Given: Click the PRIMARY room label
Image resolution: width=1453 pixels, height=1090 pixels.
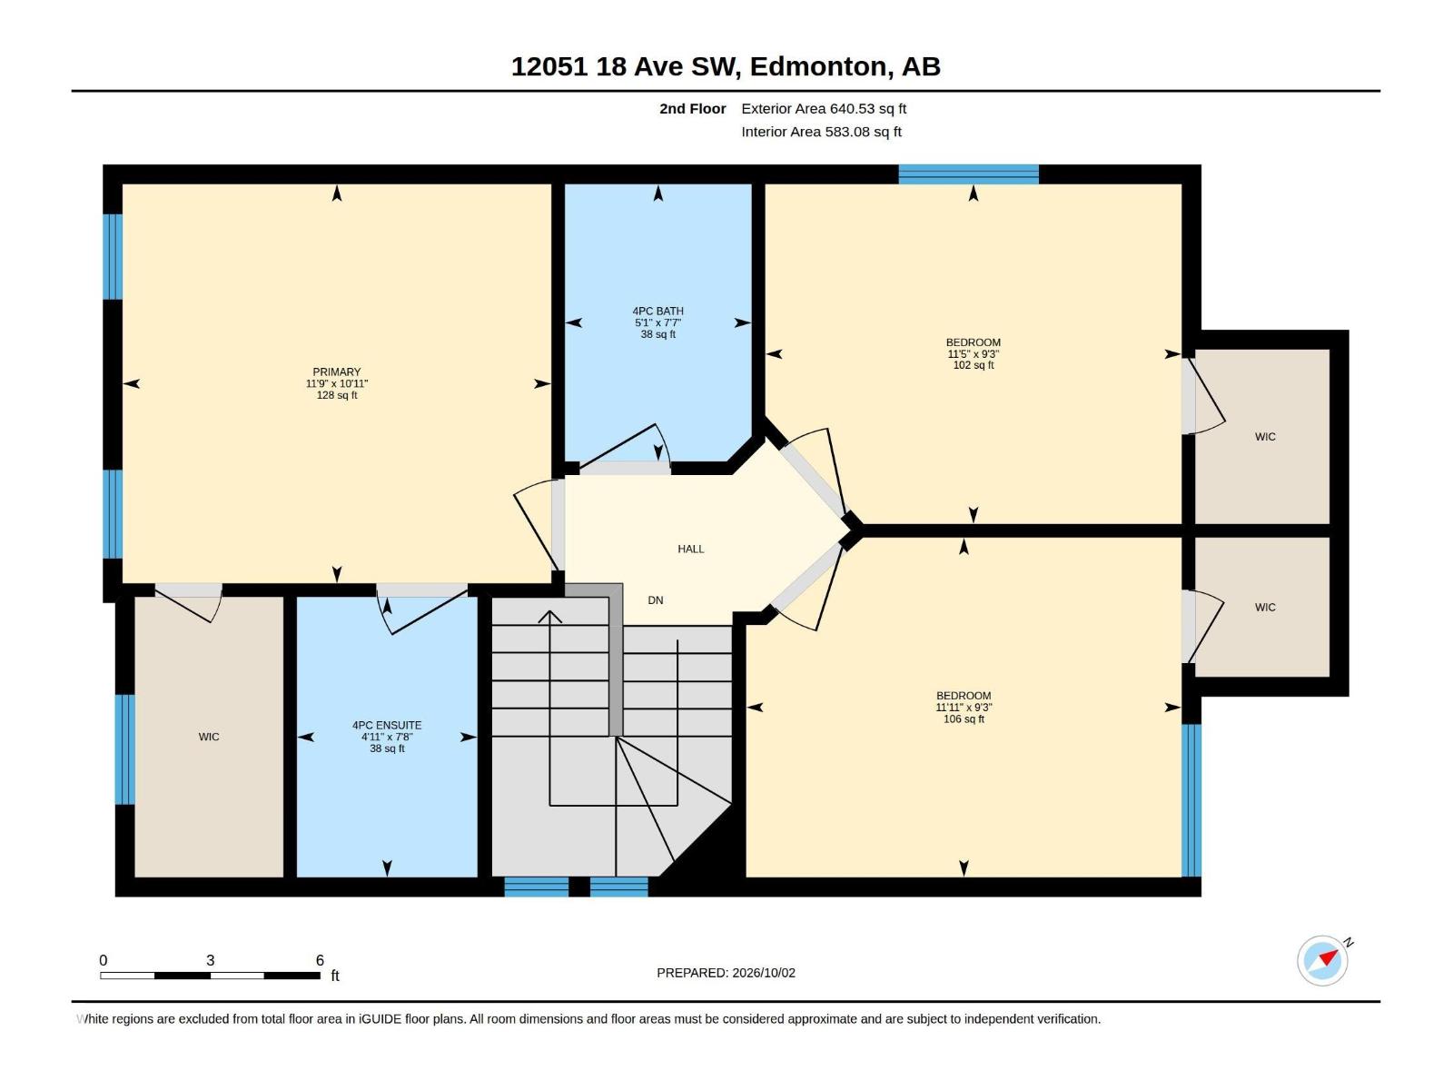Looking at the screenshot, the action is (336, 372).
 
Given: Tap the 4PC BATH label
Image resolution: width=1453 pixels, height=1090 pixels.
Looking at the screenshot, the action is (658, 311).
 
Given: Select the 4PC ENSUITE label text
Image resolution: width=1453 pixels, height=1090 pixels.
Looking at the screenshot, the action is (387, 726).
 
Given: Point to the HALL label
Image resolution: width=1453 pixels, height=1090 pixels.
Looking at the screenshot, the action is (690, 549).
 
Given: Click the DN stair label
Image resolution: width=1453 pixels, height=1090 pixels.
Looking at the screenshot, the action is (656, 600).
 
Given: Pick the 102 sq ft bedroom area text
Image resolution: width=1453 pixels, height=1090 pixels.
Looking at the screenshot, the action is (974, 365).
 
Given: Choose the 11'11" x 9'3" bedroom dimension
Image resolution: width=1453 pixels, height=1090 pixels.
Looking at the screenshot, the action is (964, 708).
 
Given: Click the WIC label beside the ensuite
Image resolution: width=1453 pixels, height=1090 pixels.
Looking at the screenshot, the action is (209, 737).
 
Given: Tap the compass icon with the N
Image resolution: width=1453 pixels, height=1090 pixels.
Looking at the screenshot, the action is (1322, 960).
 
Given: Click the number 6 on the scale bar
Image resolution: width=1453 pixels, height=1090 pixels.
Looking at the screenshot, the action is (320, 960).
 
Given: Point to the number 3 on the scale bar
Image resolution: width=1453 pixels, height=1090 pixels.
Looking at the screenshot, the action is (211, 960).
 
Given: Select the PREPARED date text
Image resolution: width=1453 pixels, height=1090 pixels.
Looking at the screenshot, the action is (726, 973).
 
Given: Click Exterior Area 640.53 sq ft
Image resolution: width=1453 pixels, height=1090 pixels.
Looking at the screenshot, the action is (824, 108).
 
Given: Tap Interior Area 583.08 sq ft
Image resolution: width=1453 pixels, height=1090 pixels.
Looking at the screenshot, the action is (821, 132).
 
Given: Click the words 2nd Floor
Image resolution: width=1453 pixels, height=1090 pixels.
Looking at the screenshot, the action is (692, 108).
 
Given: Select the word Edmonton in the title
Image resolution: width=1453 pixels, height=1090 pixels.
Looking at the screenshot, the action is (818, 67).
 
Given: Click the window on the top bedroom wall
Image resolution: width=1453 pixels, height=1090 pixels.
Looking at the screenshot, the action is (968, 174).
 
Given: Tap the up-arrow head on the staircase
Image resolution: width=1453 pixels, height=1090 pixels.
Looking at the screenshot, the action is (549, 617).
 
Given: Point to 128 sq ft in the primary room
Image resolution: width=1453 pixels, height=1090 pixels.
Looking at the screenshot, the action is (336, 396).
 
